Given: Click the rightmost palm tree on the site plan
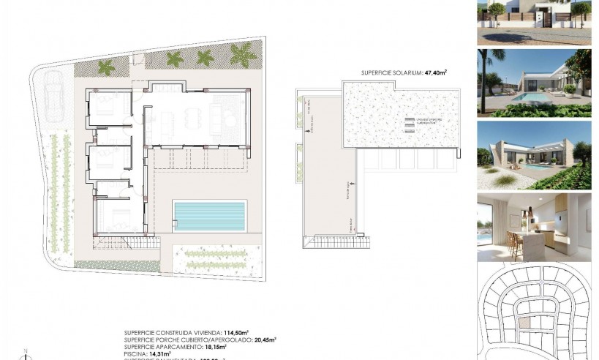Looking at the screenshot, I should (243, 53).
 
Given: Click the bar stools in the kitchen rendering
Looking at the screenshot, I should (516, 247).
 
